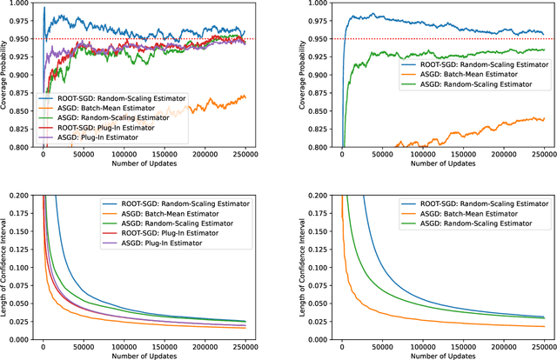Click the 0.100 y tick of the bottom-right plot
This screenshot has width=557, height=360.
pyautogui.click(x=316, y=269)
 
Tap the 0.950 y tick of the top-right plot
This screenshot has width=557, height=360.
pyautogui.click(x=316, y=39)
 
